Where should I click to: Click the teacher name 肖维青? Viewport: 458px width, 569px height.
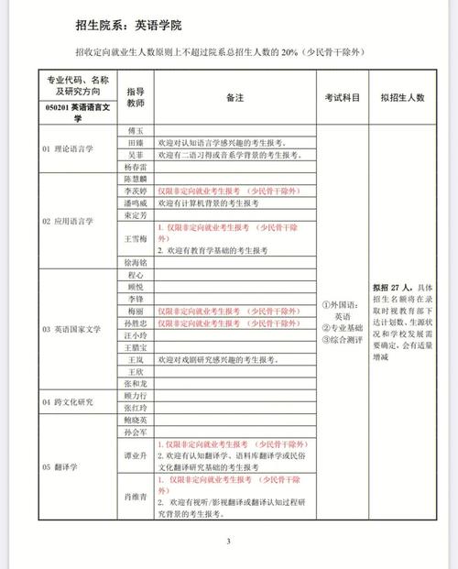pyautogui.click(x=135, y=496)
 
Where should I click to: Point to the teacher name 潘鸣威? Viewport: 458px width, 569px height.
pyautogui.click(x=135, y=202)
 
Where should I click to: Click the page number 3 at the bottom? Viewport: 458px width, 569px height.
pyautogui.click(x=229, y=541)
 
